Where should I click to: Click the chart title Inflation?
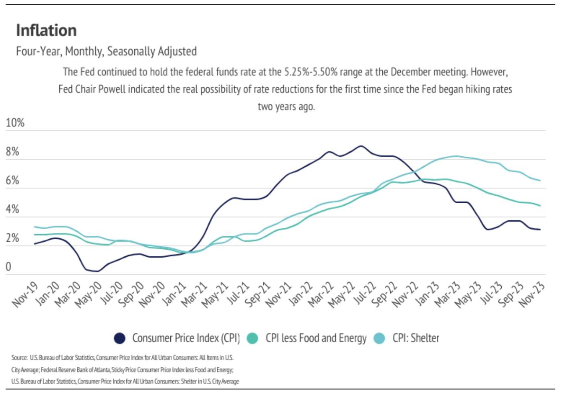point(46,31)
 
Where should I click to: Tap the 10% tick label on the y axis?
point(15,123)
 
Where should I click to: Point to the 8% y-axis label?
point(12,152)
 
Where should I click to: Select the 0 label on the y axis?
point(8,267)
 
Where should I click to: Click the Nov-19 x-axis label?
point(25,294)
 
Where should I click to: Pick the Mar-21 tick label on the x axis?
point(194,294)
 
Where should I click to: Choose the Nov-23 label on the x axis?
point(532,294)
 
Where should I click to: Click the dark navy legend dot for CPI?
point(119,338)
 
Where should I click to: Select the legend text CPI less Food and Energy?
point(316,338)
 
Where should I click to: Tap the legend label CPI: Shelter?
point(416,338)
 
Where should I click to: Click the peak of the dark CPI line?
point(361,146)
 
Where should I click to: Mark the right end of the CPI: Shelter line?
point(540,180)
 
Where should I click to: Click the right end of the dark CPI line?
point(540,230)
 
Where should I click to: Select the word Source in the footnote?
point(19,358)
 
